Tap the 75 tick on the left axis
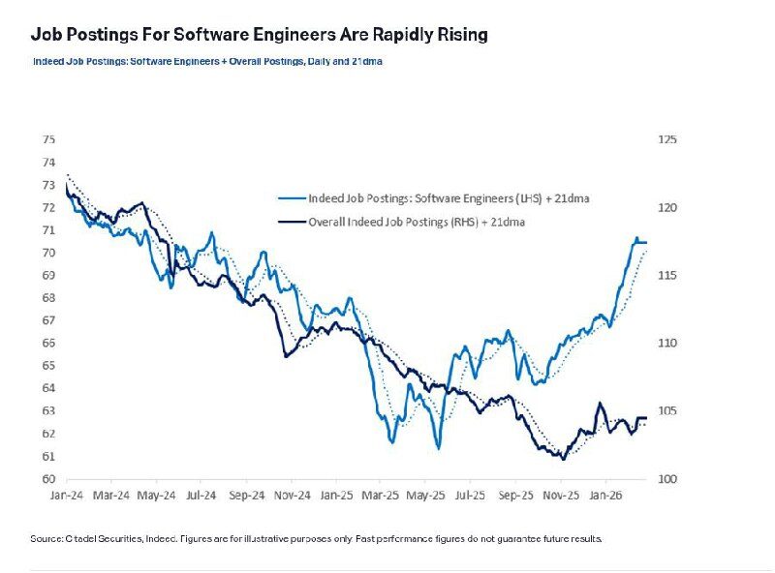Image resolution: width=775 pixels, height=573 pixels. (x=47, y=139)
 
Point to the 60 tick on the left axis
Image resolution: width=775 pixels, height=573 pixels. (x=47, y=479)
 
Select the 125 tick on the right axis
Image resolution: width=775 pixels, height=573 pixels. (x=667, y=139)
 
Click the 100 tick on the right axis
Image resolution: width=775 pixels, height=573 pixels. (x=667, y=479)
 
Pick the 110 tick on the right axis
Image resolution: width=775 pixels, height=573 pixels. (x=667, y=344)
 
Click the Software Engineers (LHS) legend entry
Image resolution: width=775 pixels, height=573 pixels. (x=449, y=198)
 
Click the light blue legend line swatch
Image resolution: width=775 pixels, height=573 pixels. (x=288, y=198)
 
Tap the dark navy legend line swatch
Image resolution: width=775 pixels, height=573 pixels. (x=288, y=222)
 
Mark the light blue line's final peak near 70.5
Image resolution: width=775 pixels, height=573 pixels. (x=637, y=238)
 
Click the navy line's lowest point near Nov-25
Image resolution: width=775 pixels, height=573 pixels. (x=563, y=458)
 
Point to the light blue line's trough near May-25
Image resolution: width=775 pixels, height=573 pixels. (x=438, y=448)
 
